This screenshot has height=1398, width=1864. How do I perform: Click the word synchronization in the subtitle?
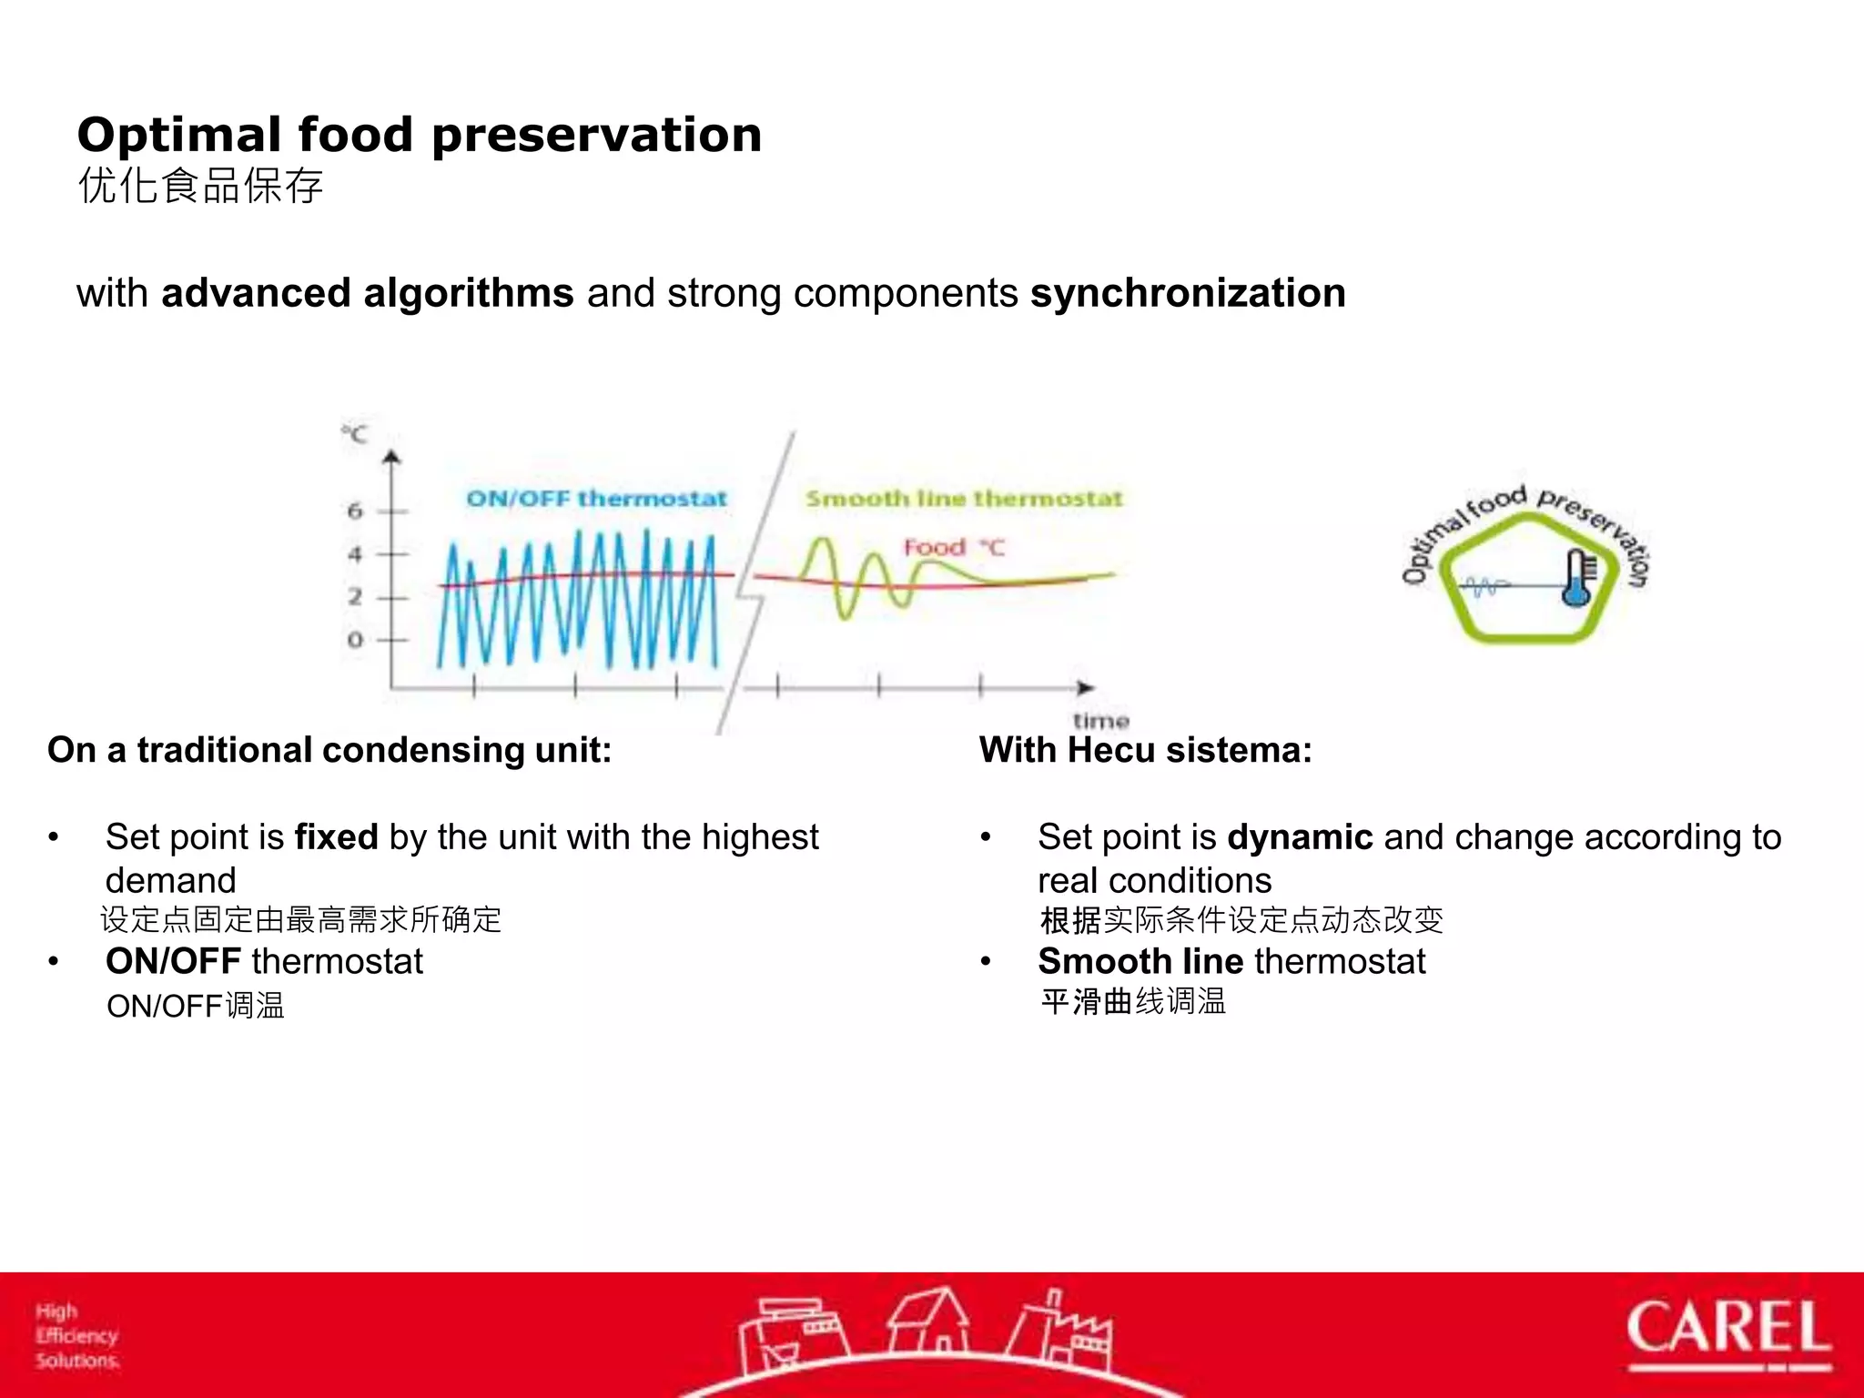click(1188, 294)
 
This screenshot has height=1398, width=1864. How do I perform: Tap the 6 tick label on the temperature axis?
click(355, 511)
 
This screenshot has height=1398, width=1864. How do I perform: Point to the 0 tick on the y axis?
click(355, 640)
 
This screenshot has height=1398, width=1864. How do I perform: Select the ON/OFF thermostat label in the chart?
click(596, 499)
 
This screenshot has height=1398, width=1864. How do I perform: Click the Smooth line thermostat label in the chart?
click(964, 499)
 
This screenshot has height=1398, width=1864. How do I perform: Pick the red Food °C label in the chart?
click(952, 548)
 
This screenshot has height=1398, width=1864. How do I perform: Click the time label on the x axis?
click(1100, 721)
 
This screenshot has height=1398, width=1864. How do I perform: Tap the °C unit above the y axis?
click(355, 434)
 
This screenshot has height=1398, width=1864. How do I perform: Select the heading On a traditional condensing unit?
click(329, 751)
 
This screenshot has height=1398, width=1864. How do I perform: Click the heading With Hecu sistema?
click(1145, 751)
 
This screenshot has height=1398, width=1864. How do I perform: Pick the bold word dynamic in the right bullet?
click(1300, 837)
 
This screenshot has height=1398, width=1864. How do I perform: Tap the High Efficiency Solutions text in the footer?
click(77, 1336)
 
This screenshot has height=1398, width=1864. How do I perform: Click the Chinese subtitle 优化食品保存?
click(200, 187)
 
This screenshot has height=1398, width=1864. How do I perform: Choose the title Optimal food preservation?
click(419, 135)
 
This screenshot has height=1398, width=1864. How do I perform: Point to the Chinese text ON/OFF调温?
click(196, 1007)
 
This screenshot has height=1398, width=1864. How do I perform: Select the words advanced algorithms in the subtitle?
click(368, 294)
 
